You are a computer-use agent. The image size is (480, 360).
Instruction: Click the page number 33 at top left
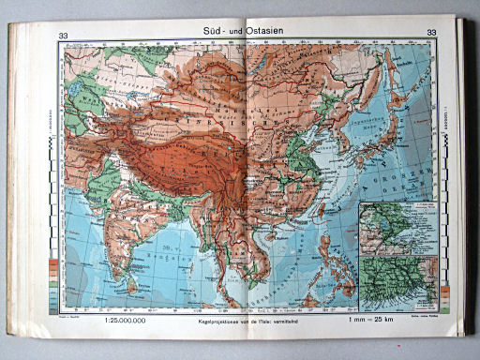click(63, 36)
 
